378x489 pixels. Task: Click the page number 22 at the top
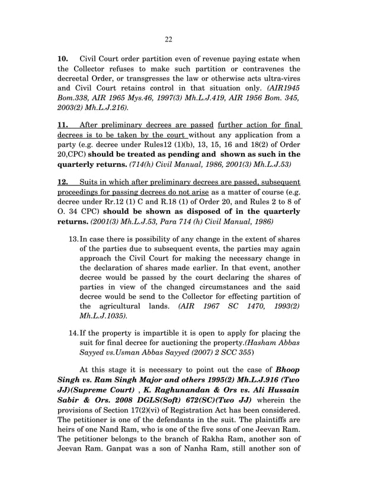coord(168,39)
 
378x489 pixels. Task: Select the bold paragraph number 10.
coord(63,59)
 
